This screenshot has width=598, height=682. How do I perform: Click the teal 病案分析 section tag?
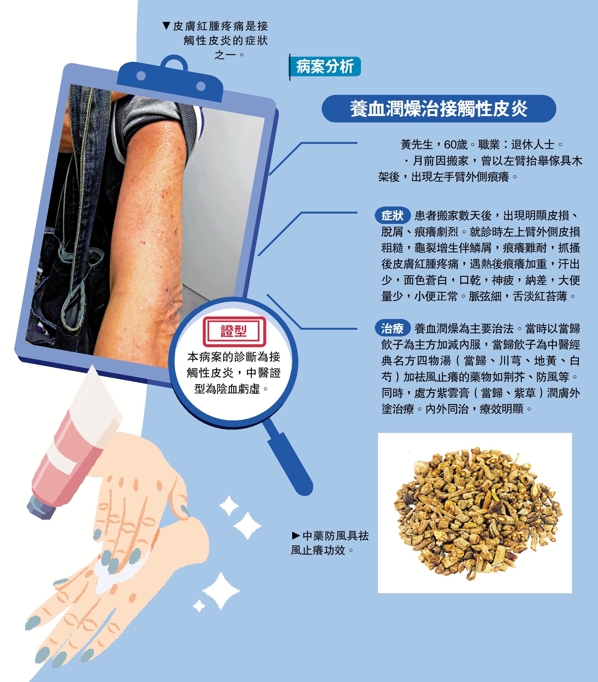[325, 66]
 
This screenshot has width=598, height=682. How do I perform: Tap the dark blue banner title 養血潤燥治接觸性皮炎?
[439, 109]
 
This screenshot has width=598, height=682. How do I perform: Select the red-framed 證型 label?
[234, 331]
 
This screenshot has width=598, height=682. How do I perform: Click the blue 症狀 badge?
[392, 216]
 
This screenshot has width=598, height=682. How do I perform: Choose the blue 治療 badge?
[392, 328]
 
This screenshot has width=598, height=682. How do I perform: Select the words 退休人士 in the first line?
[533, 145]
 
